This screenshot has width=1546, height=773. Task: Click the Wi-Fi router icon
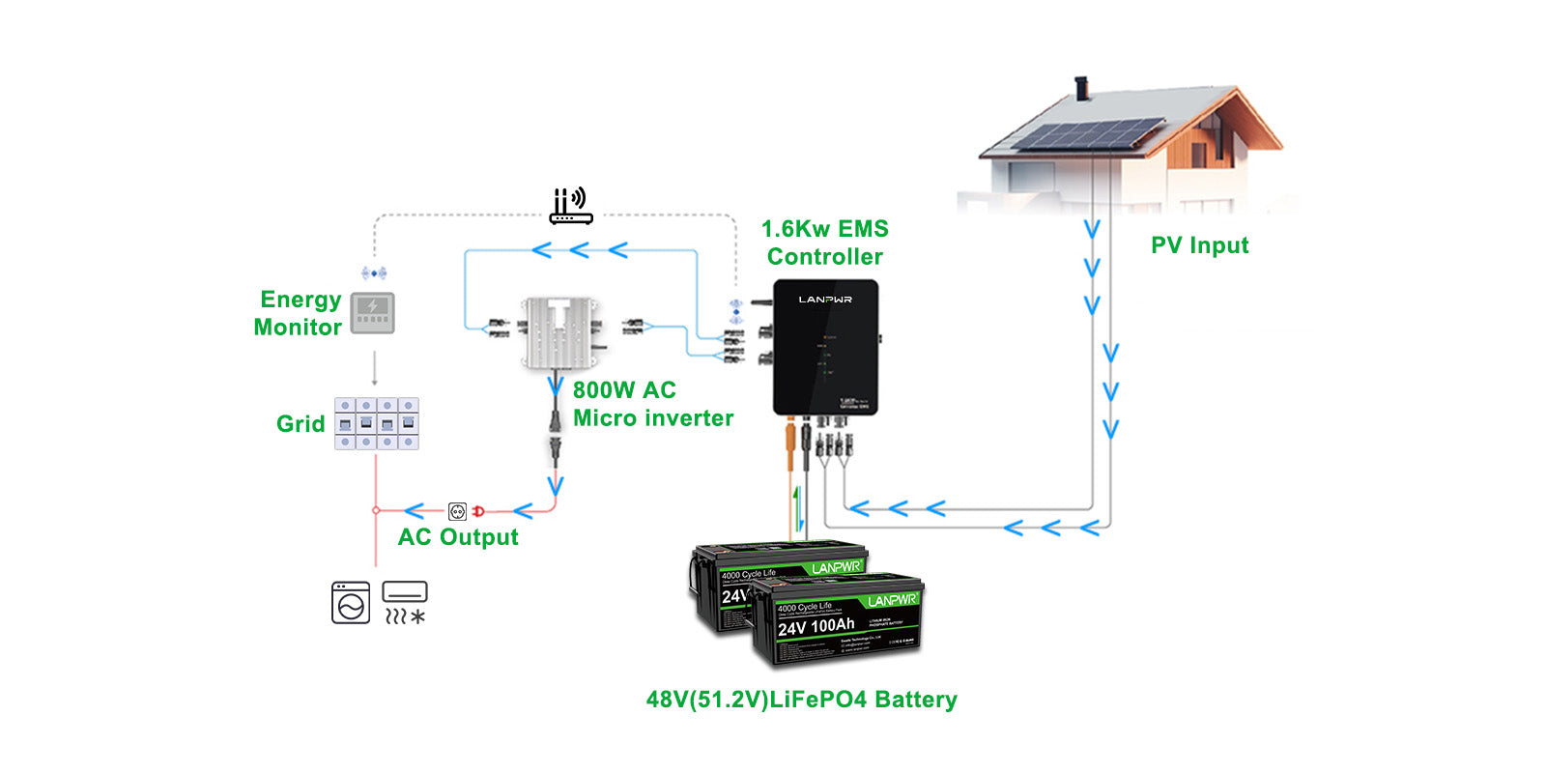570,207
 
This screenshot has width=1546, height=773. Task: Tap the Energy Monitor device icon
372,312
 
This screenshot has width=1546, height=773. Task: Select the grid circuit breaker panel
377,423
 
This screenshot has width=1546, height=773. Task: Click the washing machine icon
350,602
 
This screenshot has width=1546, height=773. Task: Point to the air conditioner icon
405,602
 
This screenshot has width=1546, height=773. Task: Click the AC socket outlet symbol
457,511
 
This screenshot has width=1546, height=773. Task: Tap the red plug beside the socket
477,511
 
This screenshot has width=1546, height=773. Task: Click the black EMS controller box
825,348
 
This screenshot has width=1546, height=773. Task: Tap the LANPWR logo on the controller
825,300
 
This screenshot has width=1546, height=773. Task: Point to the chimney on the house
1082,89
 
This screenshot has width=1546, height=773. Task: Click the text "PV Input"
1199,245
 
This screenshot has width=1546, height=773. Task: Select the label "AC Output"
458,537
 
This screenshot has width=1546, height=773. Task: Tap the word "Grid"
301,424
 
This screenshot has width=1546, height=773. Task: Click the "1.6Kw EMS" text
824,229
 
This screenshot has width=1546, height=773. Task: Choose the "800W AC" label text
624,390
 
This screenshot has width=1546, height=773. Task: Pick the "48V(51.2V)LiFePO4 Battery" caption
801,700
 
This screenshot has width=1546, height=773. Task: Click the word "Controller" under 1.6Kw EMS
825,257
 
